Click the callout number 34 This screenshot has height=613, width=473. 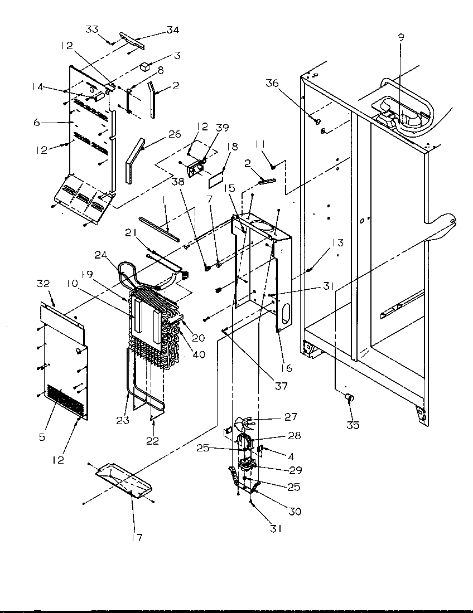click(173, 30)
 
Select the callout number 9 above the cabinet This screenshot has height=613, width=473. click(401, 38)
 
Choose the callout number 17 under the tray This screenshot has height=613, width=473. click(137, 538)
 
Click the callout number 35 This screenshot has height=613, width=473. click(353, 425)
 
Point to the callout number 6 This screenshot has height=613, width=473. click(37, 123)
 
